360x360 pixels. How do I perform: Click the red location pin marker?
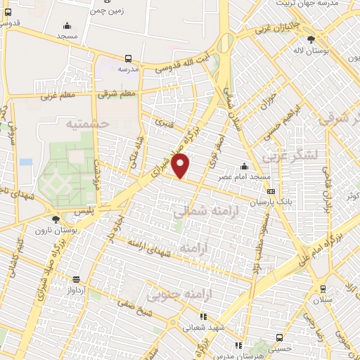[x=181, y=166]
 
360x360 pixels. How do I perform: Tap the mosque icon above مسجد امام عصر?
[x=244, y=167]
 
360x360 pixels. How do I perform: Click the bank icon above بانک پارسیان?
[x=271, y=191]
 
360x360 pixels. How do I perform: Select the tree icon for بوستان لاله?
[x=321, y=39]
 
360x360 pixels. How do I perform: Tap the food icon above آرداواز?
[x=76, y=279]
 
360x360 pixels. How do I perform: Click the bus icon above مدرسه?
[x=128, y=59]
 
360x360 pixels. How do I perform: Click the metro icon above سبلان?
[x=323, y=288]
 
